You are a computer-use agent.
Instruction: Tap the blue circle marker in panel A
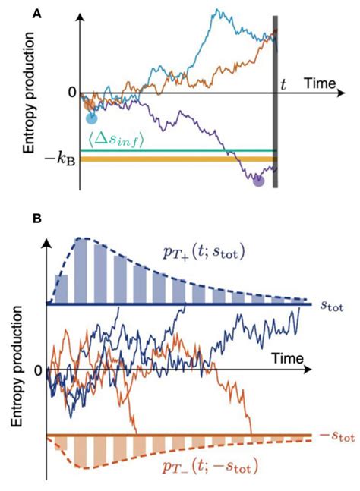(91, 118)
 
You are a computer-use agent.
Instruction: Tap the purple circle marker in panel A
(257, 181)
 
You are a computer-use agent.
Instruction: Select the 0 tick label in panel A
(72, 93)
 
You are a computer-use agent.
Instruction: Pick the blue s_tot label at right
(331, 307)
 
